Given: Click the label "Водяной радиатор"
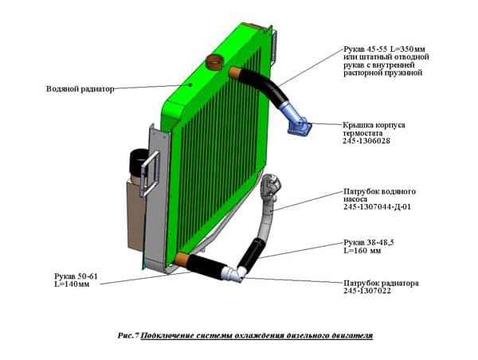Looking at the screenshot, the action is pyautogui.click(x=80, y=89).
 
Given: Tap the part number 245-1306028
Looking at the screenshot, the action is pyautogui.click(x=366, y=141).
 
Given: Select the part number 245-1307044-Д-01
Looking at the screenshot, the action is pyautogui.click(x=377, y=206).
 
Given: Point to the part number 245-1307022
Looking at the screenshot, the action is pyautogui.click(x=367, y=291).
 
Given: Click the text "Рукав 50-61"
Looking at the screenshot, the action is pyautogui.click(x=76, y=276).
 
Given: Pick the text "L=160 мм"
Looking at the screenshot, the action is pyautogui.click(x=362, y=251).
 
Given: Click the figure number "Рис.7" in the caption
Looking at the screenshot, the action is pyautogui.click(x=128, y=335).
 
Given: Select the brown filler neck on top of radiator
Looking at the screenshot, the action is pyautogui.click(x=214, y=62).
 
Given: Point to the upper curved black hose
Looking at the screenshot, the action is pyautogui.click(x=265, y=85).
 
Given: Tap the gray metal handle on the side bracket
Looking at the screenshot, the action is pyautogui.click(x=150, y=174).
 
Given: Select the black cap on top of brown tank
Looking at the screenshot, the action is pyautogui.click(x=138, y=161).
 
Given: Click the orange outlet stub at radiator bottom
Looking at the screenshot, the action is pyautogui.click(x=182, y=260).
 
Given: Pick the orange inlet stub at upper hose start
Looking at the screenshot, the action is pyautogui.click(x=235, y=72).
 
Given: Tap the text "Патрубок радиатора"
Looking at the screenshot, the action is pyautogui.click(x=381, y=284).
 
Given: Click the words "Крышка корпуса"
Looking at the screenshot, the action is pyautogui.click(x=374, y=125).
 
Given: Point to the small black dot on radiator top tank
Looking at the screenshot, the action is pyautogui.click(x=190, y=84).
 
